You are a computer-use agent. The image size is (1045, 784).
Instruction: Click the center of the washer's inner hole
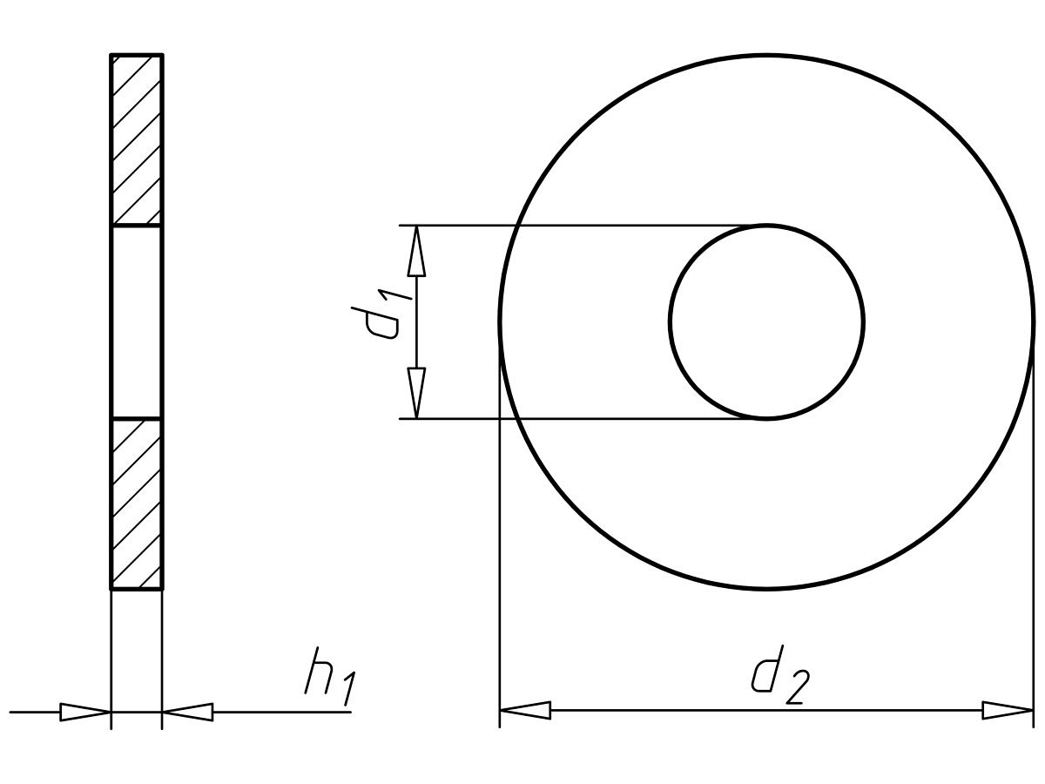point(766,322)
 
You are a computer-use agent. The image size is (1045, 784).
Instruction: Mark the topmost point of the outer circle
point(766,55)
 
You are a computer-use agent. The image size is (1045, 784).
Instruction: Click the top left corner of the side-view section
point(111,54)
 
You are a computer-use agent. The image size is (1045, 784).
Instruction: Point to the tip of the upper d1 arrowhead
point(416,226)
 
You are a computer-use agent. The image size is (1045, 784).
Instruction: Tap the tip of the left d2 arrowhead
point(500,712)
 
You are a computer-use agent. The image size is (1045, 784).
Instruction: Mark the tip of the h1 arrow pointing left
point(164,712)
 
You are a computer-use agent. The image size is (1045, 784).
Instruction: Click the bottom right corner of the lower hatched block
point(164,590)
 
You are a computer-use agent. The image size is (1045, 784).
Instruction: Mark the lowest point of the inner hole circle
point(766,420)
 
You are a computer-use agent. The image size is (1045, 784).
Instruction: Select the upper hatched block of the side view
point(137,139)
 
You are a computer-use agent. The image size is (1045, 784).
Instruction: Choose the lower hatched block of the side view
point(137,504)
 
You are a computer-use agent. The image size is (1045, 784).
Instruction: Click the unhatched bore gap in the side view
point(137,322)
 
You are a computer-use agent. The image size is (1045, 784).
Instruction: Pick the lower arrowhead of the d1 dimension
point(416,393)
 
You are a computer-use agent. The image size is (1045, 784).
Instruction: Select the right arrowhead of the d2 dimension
point(1008,712)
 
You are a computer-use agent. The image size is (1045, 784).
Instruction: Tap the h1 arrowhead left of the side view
point(85,712)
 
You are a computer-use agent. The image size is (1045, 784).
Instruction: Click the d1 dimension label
point(381,316)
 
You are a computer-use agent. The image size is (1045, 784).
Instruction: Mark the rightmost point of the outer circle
point(1034,322)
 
